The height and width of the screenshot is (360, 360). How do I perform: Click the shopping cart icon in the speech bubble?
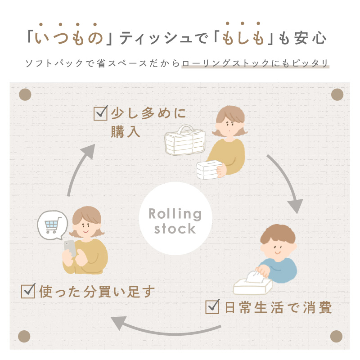pos(53,225)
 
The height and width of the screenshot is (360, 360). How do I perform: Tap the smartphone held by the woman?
pos(70,248)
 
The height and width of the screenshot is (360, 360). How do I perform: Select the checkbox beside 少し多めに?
pos(100,113)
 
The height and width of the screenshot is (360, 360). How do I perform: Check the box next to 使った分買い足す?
pos(28,291)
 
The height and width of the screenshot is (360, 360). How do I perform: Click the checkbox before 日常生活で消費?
pos(212,306)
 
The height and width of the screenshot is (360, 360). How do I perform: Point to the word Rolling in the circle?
pos(175,214)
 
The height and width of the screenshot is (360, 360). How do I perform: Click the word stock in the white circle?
pos(175,229)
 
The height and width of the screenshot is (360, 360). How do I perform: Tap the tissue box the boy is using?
pos(252,283)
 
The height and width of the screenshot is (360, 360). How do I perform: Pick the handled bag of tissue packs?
pos(185,140)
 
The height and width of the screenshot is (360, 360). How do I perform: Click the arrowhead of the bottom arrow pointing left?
pos(119,323)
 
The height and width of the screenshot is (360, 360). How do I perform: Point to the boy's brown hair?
pos(278,234)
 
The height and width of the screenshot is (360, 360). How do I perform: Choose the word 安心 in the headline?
pos(310,38)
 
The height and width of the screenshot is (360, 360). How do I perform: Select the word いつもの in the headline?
pos(69,38)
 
